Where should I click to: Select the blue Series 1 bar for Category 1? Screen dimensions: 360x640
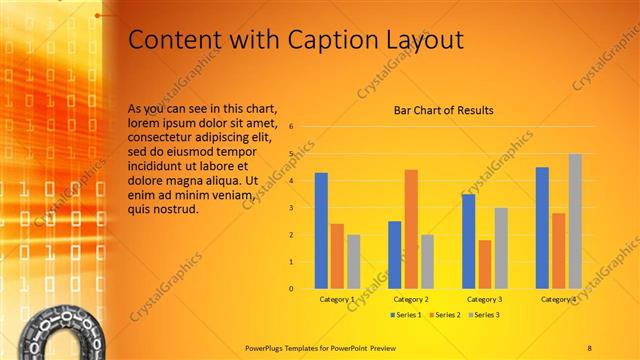point(321,230)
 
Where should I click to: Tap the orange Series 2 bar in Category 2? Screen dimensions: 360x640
point(411,229)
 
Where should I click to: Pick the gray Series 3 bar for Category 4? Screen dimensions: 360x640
point(575,221)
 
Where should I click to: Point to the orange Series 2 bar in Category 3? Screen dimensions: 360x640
point(485,264)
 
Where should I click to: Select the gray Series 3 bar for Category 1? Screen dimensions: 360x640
point(353,261)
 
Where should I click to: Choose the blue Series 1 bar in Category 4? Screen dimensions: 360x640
point(542,227)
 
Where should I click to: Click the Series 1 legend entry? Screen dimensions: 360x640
point(405,315)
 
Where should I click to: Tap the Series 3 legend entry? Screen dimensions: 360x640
point(483,315)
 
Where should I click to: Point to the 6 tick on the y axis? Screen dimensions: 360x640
point(290,127)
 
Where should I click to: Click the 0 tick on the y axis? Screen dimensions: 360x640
point(290,289)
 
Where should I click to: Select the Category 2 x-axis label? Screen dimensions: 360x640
point(411,299)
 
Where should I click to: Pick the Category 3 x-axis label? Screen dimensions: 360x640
point(485,299)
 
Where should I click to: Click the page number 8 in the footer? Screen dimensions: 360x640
point(589,346)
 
